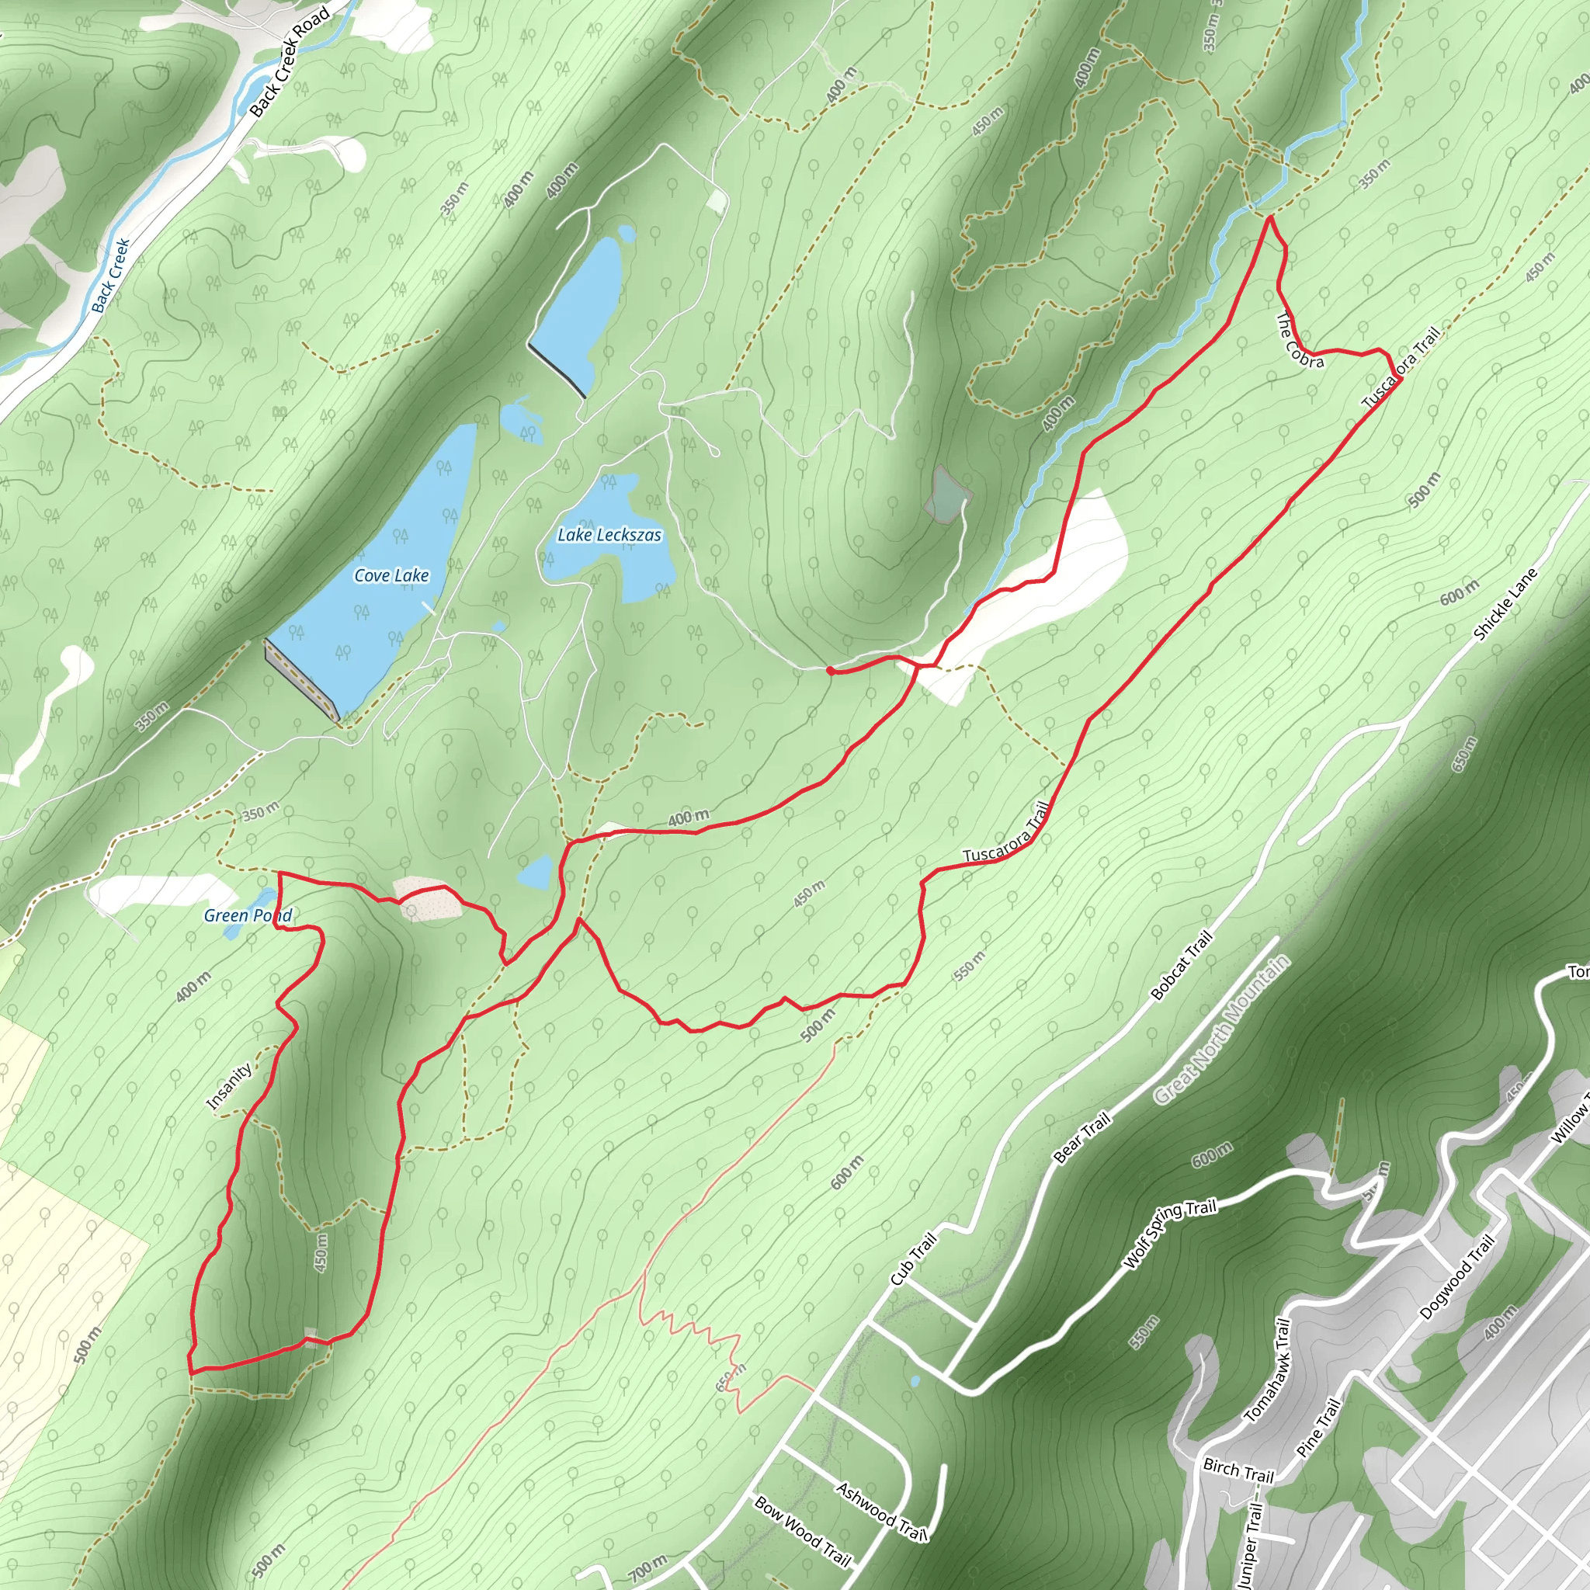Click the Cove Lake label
(x=391, y=575)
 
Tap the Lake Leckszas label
(x=609, y=535)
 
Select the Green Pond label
(x=248, y=915)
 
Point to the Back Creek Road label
(x=289, y=62)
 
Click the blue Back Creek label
(x=111, y=276)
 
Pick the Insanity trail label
(x=229, y=1086)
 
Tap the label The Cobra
(x=1300, y=341)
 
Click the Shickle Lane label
(x=1505, y=604)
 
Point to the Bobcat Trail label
(x=1181, y=965)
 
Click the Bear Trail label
(x=1081, y=1137)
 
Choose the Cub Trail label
(x=914, y=1258)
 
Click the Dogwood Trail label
(x=1456, y=1278)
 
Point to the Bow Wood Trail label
(x=801, y=1531)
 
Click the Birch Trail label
(x=1238, y=1470)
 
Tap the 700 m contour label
(x=647, y=1568)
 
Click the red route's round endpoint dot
(x=831, y=672)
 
